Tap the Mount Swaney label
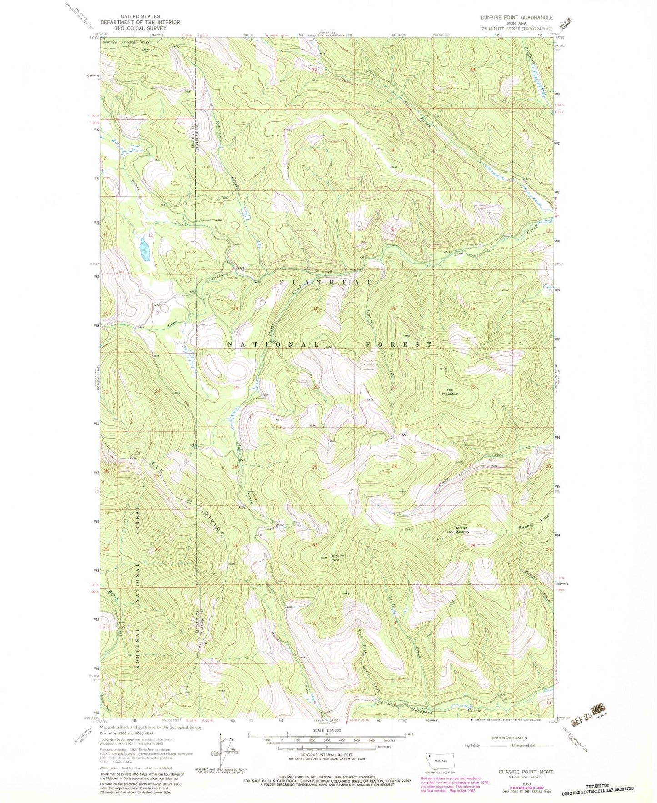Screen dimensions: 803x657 (x=462, y=529)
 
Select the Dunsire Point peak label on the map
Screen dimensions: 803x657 (x=337, y=558)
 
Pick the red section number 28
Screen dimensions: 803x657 (x=394, y=467)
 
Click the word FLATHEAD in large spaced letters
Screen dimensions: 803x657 (x=326, y=283)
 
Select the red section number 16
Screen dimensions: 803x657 (x=394, y=309)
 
